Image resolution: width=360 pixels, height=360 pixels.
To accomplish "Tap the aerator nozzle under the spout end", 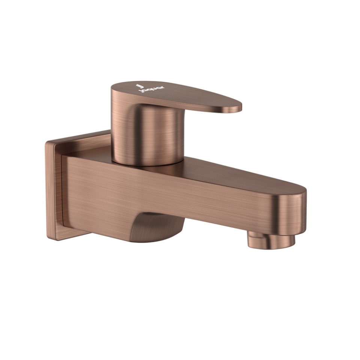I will pyautogui.click(x=271, y=240).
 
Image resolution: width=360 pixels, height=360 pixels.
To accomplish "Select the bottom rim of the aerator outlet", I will pyautogui.click(x=271, y=247).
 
